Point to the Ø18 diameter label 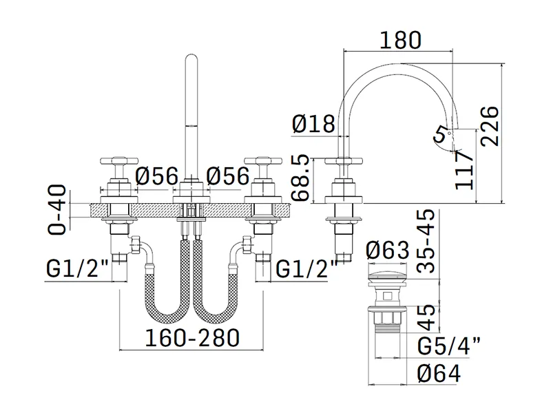tap(313, 125)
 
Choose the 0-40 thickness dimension tap(59, 209)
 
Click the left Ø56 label tap(158, 177)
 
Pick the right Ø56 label tap(228, 177)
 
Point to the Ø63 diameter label tap(388, 249)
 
